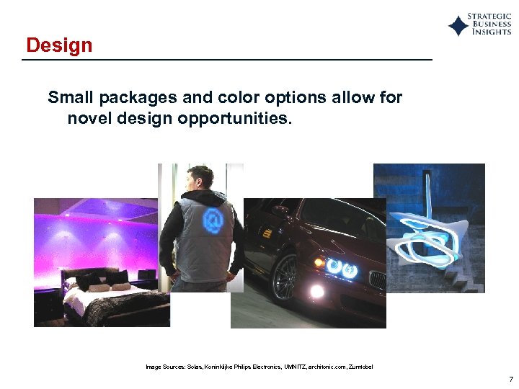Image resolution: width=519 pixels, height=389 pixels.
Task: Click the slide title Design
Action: click(x=59, y=45)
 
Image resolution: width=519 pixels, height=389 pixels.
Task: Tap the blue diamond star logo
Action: click(x=458, y=26)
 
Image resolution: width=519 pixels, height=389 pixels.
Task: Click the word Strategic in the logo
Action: click(x=489, y=16)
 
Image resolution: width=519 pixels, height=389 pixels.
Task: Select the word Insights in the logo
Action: click(x=492, y=33)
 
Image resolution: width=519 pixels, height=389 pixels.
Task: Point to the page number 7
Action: click(x=510, y=379)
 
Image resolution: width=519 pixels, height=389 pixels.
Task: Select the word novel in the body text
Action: click(x=89, y=117)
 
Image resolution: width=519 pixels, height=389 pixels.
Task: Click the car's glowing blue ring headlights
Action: click(x=341, y=268)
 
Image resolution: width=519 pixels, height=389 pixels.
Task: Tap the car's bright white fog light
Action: click(x=316, y=291)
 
